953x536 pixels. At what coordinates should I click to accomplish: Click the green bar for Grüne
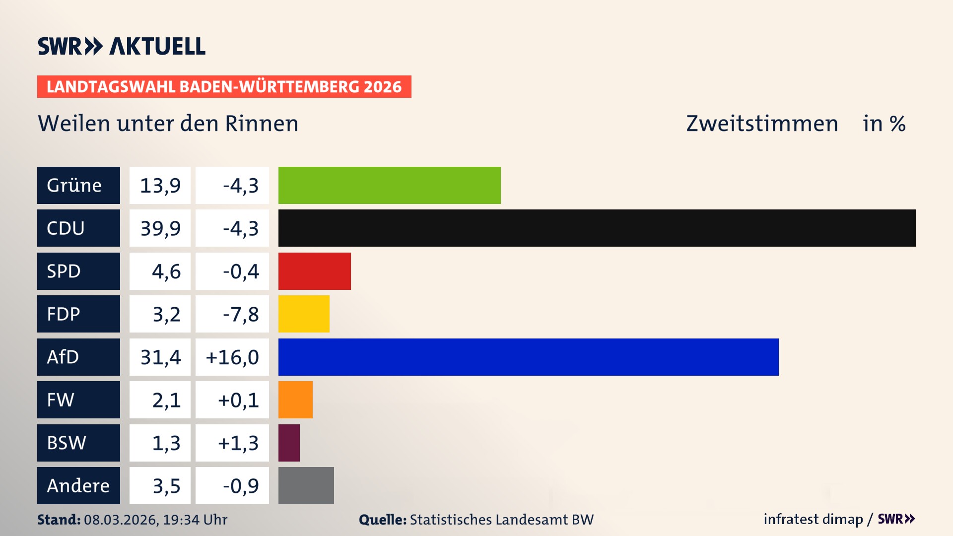[x=389, y=185]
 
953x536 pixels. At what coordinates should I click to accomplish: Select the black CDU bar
[x=597, y=228]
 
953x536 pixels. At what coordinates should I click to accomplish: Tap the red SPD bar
[x=314, y=271]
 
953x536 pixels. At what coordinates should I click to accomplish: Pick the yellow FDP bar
[x=304, y=314]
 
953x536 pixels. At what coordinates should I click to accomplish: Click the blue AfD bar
[x=528, y=357]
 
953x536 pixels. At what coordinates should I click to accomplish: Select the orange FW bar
[x=295, y=400]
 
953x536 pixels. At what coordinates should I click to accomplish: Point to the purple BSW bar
[x=289, y=443]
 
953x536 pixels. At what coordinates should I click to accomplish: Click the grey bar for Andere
[x=306, y=485]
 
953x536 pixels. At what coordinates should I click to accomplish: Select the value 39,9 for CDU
[x=160, y=228]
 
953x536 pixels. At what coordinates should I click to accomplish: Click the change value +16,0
[x=232, y=357]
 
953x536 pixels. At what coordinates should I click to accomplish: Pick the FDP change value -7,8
[x=241, y=314]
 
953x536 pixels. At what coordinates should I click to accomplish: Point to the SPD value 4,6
[x=166, y=271]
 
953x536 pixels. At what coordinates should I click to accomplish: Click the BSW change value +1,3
[x=238, y=443]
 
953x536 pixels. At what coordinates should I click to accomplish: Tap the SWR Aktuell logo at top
[x=122, y=46]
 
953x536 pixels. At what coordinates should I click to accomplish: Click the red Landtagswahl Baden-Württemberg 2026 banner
[x=224, y=87]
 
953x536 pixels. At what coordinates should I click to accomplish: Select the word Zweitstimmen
[x=762, y=124]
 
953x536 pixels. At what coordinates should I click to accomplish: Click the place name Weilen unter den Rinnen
[x=168, y=124]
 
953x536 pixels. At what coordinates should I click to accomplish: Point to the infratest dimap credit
[x=813, y=519]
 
